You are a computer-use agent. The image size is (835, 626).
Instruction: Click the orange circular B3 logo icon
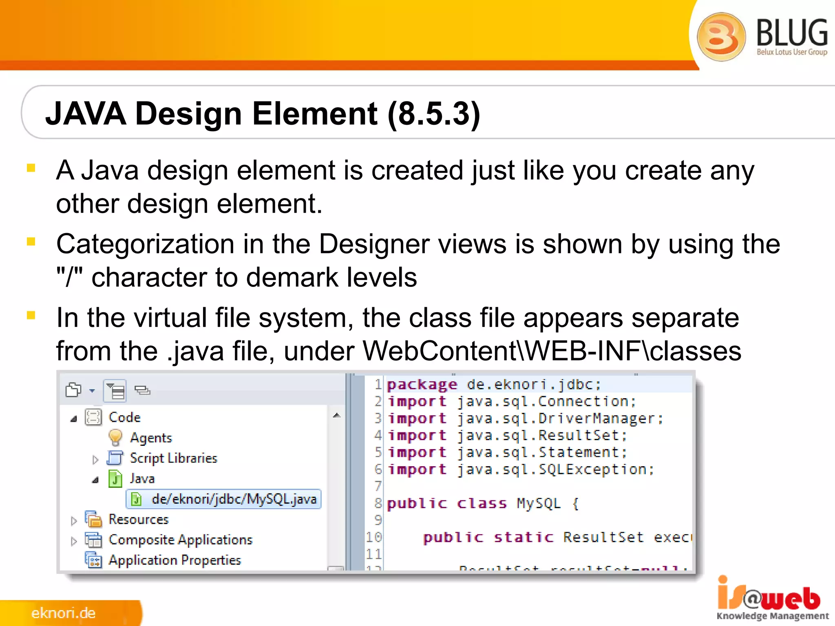[x=721, y=37]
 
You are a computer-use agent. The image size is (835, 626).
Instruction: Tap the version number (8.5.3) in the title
[x=434, y=114]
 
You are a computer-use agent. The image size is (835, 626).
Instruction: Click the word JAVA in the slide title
[x=86, y=114]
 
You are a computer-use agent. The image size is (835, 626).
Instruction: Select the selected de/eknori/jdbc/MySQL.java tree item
[x=234, y=499]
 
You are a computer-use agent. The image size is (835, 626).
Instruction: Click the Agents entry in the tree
[x=151, y=438]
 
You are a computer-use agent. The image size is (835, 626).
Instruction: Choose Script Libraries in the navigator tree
[x=173, y=458]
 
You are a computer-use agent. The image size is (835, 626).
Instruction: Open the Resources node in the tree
[x=138, y=520]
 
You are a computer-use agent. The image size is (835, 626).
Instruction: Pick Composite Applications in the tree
[x=180, y=540]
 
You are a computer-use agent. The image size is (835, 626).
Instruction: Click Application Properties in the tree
[x=175, y=560]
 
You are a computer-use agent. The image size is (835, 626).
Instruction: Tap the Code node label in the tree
[x=124, y=417]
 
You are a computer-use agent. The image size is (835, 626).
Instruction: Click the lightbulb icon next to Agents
[x=115, y=437]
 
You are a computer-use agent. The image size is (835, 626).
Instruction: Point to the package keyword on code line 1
[x=422, y=385]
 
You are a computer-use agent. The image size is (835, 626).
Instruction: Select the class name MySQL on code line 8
[x=539, y=504]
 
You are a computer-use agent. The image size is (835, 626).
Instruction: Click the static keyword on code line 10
[x=524, y=538]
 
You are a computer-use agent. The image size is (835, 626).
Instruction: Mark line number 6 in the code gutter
[x=378, y=469]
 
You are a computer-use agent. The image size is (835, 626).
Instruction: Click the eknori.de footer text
[x=64, y=613]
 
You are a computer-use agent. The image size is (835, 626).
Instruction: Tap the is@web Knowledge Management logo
[x=772, y=599]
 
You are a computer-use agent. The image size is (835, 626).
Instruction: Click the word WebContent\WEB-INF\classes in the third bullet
[x=552, y=351]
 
